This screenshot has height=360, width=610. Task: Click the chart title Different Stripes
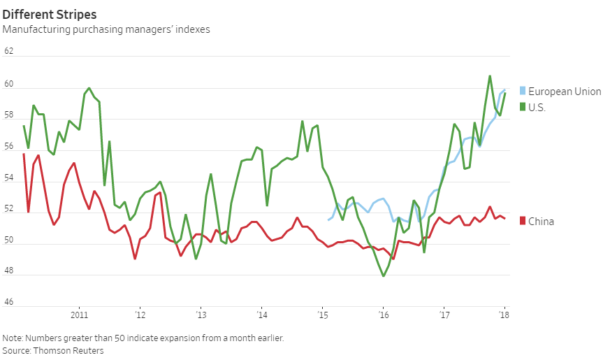50,14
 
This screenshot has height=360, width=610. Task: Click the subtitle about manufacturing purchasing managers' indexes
106,29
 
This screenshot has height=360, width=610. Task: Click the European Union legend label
565,92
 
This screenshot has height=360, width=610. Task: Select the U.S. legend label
537,107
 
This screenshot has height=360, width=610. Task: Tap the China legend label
541,222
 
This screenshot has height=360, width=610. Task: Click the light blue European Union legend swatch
522,92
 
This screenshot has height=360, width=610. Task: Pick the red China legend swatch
522,221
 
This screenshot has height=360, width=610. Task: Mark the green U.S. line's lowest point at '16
383,276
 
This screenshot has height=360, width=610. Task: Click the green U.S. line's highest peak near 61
490,75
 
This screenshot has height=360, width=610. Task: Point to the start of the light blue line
328,220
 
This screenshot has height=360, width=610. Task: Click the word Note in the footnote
13,338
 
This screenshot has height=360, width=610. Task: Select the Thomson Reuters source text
68,350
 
